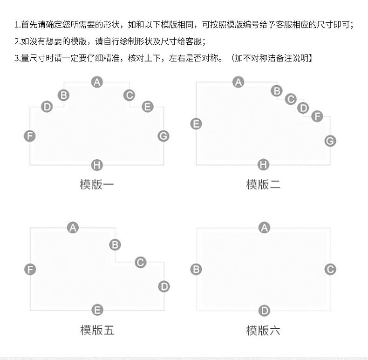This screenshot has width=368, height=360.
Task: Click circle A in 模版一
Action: tap(97, 82)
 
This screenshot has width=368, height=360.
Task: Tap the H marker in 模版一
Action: tap(97, 165)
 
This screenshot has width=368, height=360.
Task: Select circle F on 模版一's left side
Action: tap(30, 136)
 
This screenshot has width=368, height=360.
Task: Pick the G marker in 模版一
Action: tap(163, 136)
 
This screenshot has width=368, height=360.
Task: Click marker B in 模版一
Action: tap(63, 95)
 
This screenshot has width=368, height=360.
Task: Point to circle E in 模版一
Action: tap(148, 107)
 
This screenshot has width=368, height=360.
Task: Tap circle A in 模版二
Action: tap(239, 82)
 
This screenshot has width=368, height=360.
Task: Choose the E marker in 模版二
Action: tap(196, 123)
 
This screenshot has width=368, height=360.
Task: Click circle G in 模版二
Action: tap(330, 141)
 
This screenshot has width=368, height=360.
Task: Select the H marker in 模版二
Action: tap(264, 165)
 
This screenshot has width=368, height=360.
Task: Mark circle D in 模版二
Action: tap(303, 108)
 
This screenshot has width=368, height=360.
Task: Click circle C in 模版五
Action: tap(140, 262)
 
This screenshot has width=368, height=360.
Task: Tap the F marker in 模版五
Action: tap(30, 269)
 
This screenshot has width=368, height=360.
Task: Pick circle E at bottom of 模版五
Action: tap(97, 310)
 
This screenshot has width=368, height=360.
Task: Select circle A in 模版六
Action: tap(264, 228)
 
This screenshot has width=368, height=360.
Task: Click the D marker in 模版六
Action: tap(264, 310)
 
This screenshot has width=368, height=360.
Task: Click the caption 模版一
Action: tap(97, 184)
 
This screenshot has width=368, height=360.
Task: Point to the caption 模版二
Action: tap(263, 184)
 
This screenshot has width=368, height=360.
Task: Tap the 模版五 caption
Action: tap(97, 331)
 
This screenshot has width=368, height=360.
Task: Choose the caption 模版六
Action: tap(263, 331)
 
